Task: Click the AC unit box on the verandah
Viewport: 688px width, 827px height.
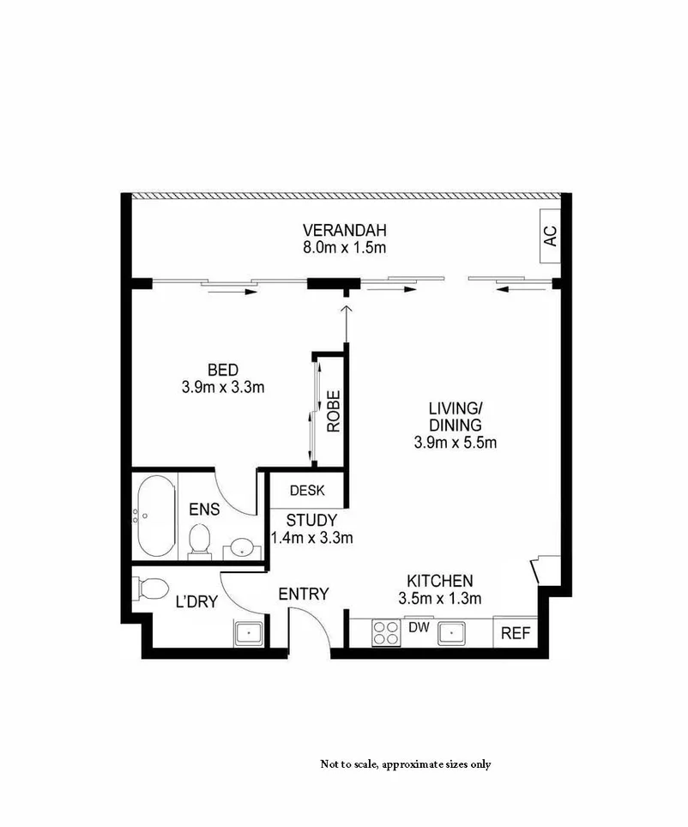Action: (550, 234)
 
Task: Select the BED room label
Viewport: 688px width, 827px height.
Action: (222, 370)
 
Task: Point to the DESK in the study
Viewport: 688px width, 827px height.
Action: (307, 491)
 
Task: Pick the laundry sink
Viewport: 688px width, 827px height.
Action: (249, 634)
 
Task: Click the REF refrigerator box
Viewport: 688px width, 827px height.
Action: (515, 634)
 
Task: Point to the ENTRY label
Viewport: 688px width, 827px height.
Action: (304, 593)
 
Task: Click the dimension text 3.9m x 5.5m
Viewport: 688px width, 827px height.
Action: (456, 443)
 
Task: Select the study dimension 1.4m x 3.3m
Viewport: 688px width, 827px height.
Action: (311, 538)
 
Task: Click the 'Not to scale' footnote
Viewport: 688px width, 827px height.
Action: (405, 764)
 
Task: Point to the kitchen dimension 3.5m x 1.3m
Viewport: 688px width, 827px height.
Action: (439, 598)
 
